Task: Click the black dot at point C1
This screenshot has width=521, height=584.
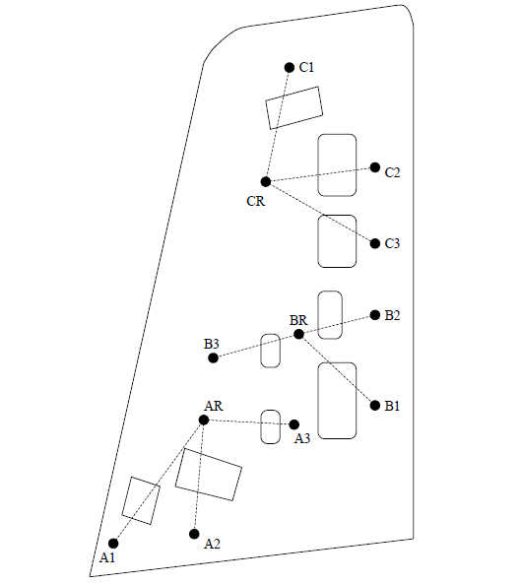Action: point(289,67)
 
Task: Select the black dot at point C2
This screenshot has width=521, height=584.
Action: point(375,167)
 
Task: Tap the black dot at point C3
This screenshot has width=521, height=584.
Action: point(375,243)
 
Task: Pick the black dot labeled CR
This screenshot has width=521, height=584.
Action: point(265,181)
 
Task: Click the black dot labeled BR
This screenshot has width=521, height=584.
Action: point(299,335)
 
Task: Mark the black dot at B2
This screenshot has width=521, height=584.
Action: point(375,315)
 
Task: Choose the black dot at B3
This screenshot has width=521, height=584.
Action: point(213,357)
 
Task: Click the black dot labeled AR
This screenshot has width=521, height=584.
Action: point(204,420)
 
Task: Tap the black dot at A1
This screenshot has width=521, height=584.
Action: point(113,543)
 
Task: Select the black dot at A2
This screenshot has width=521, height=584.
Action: point(195,534)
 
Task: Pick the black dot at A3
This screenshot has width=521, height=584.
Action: point(294,424)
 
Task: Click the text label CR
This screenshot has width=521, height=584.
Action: point(255,202)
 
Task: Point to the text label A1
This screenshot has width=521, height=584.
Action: point(108,558)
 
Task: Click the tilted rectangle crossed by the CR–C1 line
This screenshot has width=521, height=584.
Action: point(293,107)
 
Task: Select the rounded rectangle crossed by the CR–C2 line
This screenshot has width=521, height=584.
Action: point(337,164)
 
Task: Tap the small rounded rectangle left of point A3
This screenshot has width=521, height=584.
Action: point(270,425)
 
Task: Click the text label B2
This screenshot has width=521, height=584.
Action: point(392,316)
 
